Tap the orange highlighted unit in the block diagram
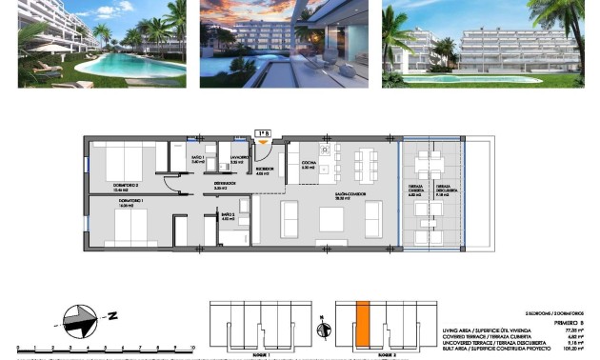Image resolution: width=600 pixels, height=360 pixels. pyautogui.click(x=362, y=324)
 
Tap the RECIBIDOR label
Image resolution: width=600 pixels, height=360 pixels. pyautogui.click(x=265, y=170)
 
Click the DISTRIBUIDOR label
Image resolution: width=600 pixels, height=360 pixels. pyautogui.click(x=225, y=185)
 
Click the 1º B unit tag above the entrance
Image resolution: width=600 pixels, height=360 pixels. pyautogui.click(x=263, y=133)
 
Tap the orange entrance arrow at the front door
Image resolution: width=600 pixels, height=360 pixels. pyautogui.click(x=263, y=144)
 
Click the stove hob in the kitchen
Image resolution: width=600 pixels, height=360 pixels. pyautogui.click(x=326, y=150)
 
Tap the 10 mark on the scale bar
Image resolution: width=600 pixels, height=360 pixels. pyautogui.click(x=192, y=349)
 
